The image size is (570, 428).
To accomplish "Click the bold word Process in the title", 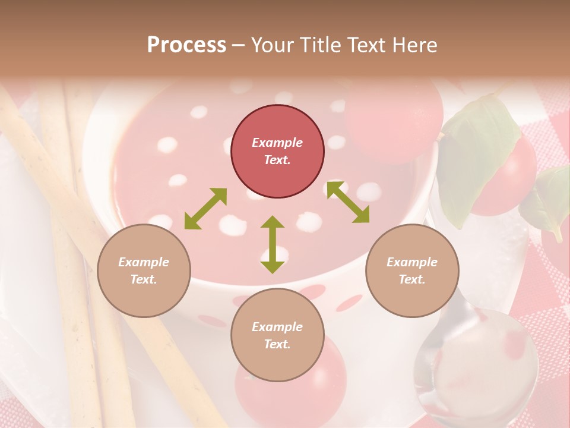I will (x=186, y=45).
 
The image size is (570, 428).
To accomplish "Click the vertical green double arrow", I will (x=273, y=244).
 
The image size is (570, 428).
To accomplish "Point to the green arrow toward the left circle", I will (x=205, y=209).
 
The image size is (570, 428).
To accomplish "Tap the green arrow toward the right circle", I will (x=348, y=202).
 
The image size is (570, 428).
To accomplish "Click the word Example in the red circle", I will (x=277, y=143).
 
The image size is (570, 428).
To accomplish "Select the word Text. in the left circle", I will (x=144, y=279).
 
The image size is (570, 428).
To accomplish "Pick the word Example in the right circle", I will (x=412, y=262).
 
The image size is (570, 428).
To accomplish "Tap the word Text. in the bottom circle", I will (x=277, y=344).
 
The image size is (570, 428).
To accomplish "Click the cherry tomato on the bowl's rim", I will (x=395, y=113).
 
